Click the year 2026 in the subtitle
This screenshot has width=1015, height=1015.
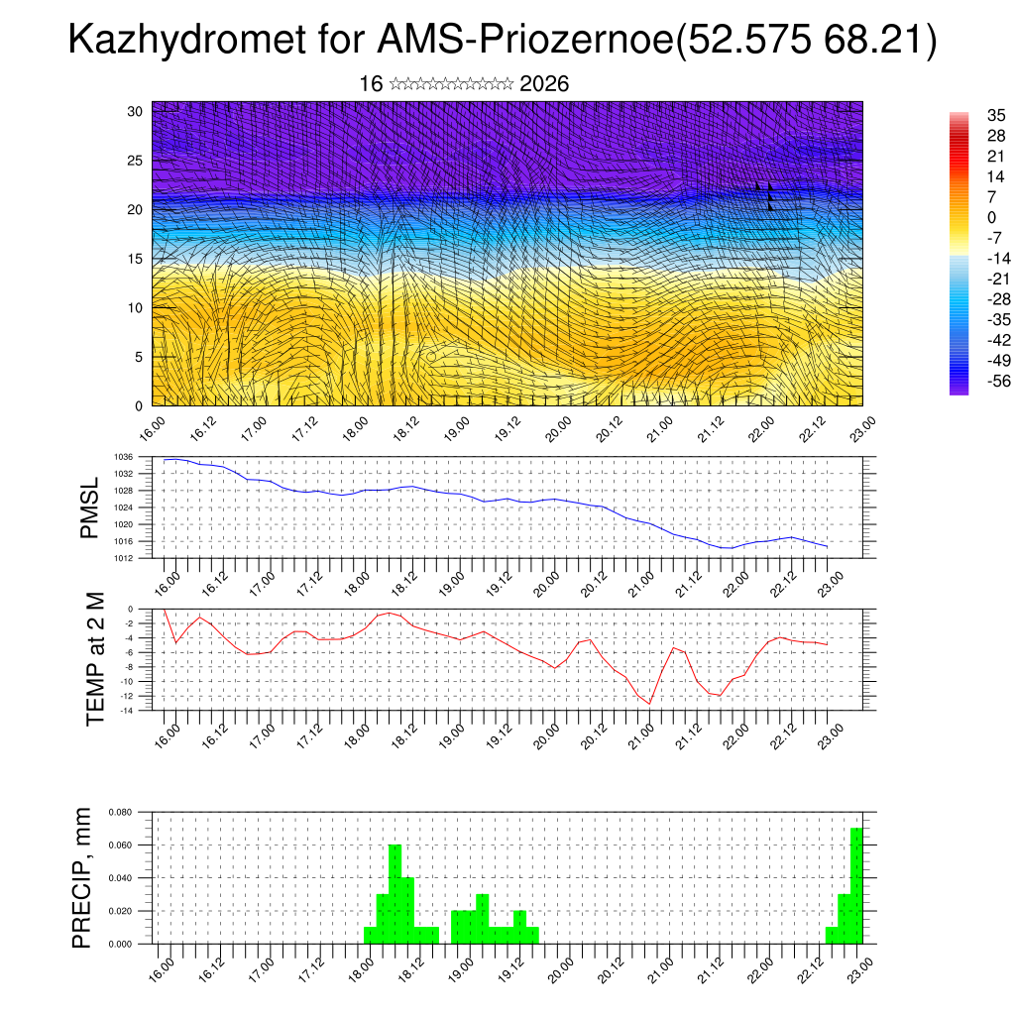coord(544,84)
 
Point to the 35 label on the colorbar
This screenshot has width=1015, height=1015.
coord(968,115)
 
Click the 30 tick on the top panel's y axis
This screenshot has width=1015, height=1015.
coord(136,111)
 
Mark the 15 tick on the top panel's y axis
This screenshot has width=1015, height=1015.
coord(136,259)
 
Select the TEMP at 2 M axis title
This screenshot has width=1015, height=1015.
coord(95,658)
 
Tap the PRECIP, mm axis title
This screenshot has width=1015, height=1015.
coord(83,877)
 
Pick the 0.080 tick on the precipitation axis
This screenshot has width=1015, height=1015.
coord(119,812)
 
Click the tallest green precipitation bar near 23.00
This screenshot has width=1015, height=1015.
coord(856,885)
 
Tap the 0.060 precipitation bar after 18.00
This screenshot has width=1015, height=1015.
coord(395,894)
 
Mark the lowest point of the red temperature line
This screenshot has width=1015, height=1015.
coord(649,703)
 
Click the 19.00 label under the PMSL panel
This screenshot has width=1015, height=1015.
coord(451,577)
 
